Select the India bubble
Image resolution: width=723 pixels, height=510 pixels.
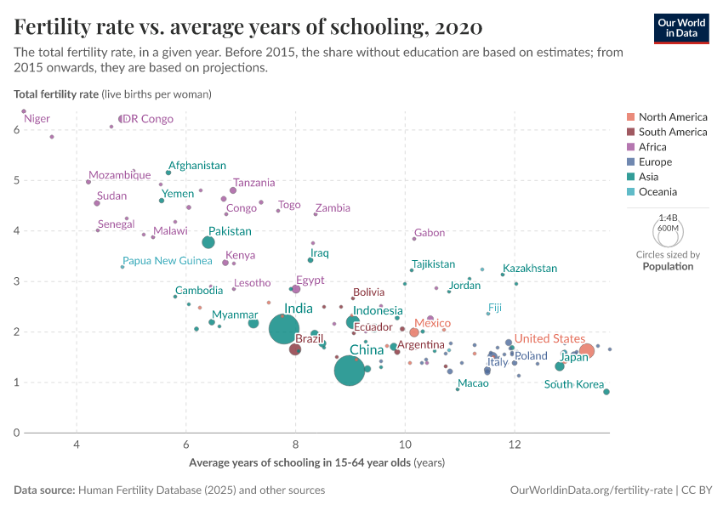point(286,329)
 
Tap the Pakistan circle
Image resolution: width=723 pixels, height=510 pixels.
point(208,243)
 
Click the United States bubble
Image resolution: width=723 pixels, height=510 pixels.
point(586,351)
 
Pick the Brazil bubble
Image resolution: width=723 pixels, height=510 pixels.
point(295,349)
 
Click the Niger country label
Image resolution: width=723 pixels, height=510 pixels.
point(37,119)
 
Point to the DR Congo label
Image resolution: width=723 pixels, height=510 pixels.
point(148,119)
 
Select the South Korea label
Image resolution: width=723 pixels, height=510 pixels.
point(574,384)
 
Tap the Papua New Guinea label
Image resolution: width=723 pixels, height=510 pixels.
point(167,260)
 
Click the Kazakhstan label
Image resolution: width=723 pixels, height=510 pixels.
point(530,269)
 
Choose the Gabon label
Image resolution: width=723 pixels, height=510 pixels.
point(429,233)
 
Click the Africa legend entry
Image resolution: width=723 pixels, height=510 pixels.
point(654,147)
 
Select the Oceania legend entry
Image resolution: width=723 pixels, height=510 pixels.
point(659,192)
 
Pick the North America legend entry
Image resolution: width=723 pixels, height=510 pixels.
point(672,117)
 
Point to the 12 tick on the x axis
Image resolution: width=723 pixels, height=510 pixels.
point(514,445)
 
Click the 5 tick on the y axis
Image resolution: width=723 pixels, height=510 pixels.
point(16,180)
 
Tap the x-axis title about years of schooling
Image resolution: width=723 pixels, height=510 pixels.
point(316,463)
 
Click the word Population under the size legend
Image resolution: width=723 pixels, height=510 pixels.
point(668,266)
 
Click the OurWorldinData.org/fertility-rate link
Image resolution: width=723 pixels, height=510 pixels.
point(590,490)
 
